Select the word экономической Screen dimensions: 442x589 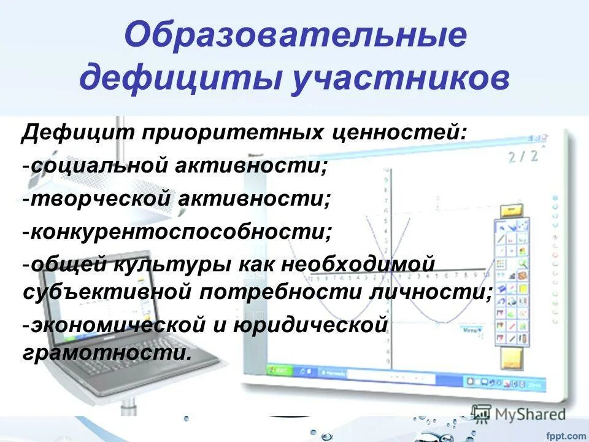pyautogui.click(x=114, y=325)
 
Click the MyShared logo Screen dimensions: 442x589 pyautogui.click(x=518, y=413)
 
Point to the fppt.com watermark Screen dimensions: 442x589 pyautogui.click(x=565, y=435)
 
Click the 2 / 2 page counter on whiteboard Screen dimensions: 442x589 pyautogui.click(x=523, y=156)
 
